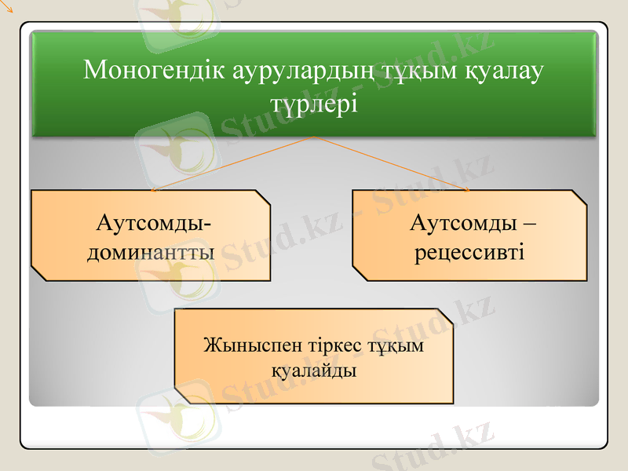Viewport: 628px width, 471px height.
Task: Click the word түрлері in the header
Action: point(314,104)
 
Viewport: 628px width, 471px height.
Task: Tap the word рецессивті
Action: point(469,253)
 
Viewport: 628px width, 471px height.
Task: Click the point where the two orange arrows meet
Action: point(315,137)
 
